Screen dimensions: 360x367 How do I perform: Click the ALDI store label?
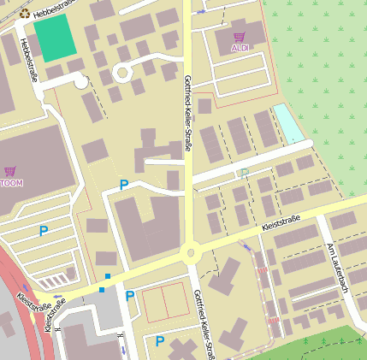241,49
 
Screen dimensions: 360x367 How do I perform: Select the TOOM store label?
11,182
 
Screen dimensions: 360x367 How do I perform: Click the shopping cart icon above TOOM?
9,171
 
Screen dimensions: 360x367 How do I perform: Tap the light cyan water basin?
288,123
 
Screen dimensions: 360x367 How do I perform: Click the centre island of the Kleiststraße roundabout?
189,252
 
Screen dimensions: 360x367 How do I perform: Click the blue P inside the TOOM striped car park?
43,231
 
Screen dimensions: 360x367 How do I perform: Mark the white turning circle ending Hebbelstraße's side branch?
81,82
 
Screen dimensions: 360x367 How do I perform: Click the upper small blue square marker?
108,275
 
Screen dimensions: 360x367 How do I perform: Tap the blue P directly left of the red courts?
129,297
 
